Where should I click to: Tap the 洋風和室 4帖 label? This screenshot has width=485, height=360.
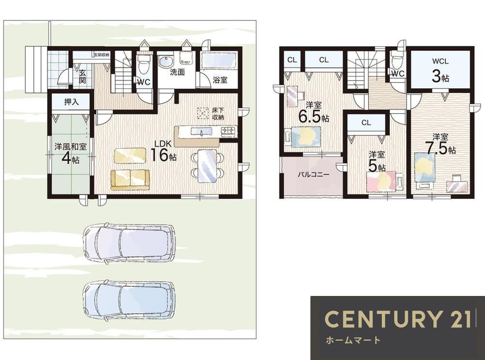click(70, 153)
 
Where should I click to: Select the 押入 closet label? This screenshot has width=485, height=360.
click(71, 102)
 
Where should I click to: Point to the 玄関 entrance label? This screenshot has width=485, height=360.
click(82, 77)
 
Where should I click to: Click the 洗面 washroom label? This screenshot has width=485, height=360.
click(177, 72)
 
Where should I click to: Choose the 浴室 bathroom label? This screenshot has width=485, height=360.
click(220, 80)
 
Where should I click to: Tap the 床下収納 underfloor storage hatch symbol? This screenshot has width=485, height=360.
click(203, 113)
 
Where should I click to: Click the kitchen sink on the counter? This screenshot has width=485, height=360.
click(201, 131)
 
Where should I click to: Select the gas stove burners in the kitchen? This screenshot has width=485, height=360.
click(228, 131)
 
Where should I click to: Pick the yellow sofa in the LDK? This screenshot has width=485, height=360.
click(130, 180)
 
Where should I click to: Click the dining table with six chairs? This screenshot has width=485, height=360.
click(207, 166)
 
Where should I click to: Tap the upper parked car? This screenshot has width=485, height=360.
click(129, 243)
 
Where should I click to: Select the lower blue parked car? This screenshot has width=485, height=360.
click(129, 300)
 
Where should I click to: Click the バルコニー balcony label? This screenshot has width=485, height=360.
click(313, 174)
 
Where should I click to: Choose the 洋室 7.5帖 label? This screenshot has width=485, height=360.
click(440, 144)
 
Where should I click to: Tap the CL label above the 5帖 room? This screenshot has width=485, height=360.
click(366, 123)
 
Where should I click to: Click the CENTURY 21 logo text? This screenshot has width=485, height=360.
click(398, 319)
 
